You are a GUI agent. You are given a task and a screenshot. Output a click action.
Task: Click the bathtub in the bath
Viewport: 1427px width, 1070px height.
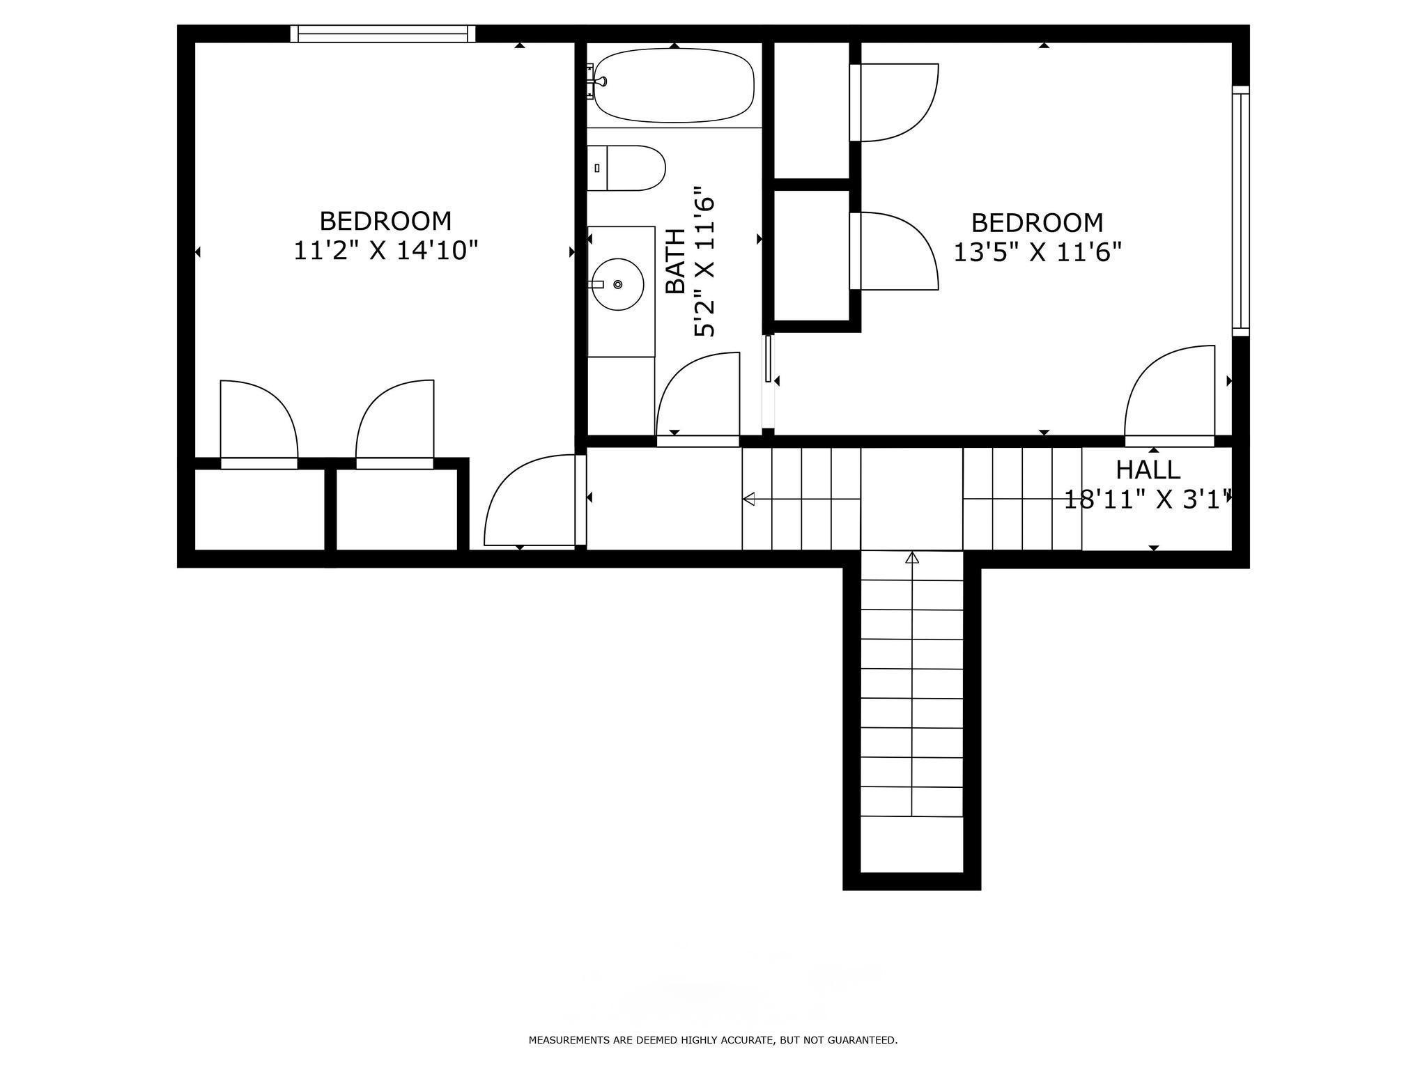tap(674, 85)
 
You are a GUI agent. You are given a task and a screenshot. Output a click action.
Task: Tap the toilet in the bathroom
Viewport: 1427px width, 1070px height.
tap(626, 168)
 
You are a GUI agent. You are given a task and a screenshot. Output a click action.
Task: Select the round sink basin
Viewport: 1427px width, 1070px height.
tap(617, 284)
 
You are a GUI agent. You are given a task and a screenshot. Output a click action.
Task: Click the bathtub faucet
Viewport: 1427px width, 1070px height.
tap(597, 82)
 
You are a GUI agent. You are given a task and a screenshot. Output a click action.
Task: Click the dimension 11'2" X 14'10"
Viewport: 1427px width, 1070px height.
tap(385, 251)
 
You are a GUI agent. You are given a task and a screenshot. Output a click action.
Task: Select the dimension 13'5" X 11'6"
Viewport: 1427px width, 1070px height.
tap(1037, 252)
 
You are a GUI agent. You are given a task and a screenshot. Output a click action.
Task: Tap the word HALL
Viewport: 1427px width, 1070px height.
tap(1148, 470)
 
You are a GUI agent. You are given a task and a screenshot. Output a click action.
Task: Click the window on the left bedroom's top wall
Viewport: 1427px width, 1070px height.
tap(383, 33)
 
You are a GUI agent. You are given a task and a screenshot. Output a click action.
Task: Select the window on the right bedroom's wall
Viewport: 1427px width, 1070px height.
tap(1240, 210)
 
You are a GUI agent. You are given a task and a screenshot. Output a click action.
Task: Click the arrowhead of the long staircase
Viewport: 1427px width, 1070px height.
tap(912, 558)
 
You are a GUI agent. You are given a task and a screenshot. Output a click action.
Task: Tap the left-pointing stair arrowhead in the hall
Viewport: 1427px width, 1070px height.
tap(750, 499)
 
